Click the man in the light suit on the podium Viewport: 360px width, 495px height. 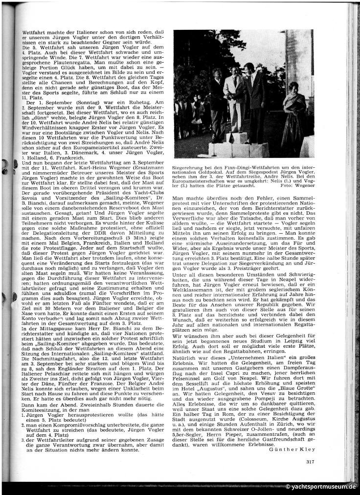click(x=234, y=95)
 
